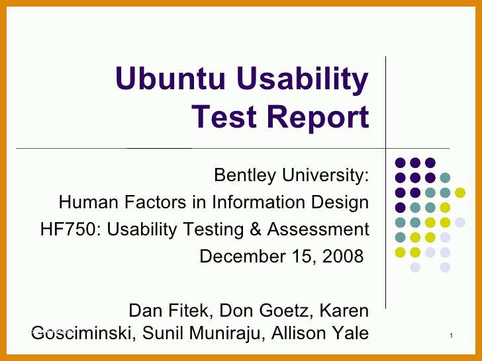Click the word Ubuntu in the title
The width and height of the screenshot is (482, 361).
(170, 78)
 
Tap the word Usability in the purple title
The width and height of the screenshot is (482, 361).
(303, 81)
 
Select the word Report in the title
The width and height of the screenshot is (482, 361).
(318, 118)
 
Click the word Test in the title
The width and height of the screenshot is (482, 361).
(224, 116)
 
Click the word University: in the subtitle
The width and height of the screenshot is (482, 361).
(325, 175)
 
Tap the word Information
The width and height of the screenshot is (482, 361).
(259, 202)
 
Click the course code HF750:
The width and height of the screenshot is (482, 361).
(71, 229)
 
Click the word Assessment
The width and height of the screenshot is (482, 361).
(318, 229)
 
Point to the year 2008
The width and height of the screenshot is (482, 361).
(343, 257)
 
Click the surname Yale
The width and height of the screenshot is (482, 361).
(351, 333)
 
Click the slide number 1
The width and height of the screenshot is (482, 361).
(452, 336)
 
